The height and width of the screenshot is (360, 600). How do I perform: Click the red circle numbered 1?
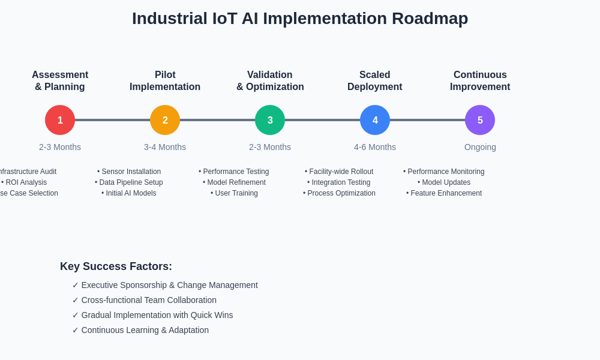click(x=60, y=120)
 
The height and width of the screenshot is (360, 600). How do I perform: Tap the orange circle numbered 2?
click(x=165, y=120)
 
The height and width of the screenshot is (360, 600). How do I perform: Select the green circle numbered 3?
click(x=270, y=120)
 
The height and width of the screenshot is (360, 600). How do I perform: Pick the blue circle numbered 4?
click(x=375, y=120)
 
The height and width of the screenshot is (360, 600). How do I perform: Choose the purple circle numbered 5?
click(x=480, y=120)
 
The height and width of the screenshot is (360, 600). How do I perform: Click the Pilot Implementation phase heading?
click(x=165, y=81)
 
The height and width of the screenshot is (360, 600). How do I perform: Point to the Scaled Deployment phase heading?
click(x=375, y=81)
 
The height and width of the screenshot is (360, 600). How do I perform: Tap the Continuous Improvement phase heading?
click(x=480, y=81)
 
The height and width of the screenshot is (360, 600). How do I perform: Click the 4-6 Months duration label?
click(x=375, y=147)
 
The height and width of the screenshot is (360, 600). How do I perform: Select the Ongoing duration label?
click(x=480, y=147)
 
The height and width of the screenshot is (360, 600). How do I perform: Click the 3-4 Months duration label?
click(x=165, y=147)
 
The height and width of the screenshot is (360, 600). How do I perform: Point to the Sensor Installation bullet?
click(x=129, y=172)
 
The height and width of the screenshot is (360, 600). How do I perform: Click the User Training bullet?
click(x=234, y=193)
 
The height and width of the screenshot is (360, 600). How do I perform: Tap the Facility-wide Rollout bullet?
click(x=339, y=172)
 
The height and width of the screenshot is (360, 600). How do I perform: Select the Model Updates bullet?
click(x=444, y=182)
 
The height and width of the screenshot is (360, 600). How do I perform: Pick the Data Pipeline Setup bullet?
click(x=129, y=182)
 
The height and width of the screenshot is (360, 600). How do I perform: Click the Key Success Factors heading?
click(x=116, y=266)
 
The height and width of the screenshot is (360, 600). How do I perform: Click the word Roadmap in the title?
click(x=430, y=19)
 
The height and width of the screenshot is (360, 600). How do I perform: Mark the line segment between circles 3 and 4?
click(x=322, y=120)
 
